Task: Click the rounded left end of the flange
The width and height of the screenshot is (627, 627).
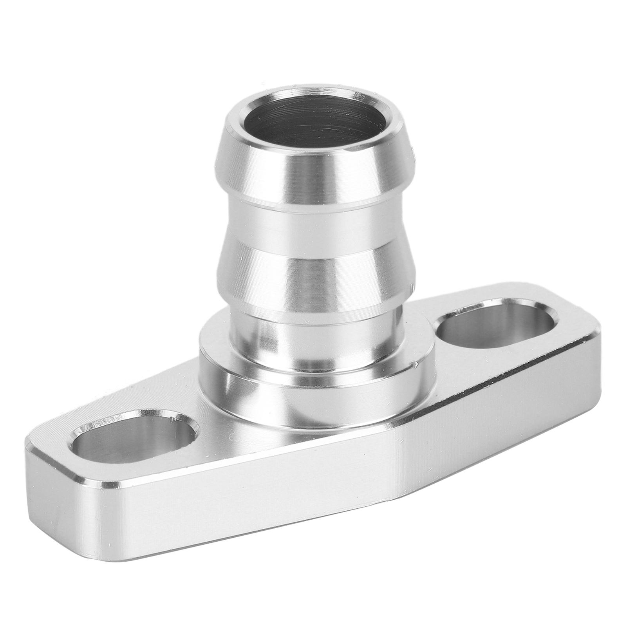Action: pos(35,482)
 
